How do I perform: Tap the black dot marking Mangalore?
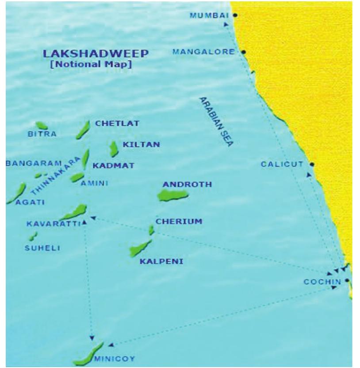[243, 52]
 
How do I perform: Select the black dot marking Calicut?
[312, 164]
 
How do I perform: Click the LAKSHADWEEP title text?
[96, 54]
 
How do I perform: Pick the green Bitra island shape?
[42, 126]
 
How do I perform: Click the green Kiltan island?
[114, 149]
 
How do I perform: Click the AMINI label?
[94, 183]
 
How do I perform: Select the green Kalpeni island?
[140, 248]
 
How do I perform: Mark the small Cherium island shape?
[151, 230]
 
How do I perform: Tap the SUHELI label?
[42, 248]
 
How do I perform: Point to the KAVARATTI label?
[53, 224]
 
